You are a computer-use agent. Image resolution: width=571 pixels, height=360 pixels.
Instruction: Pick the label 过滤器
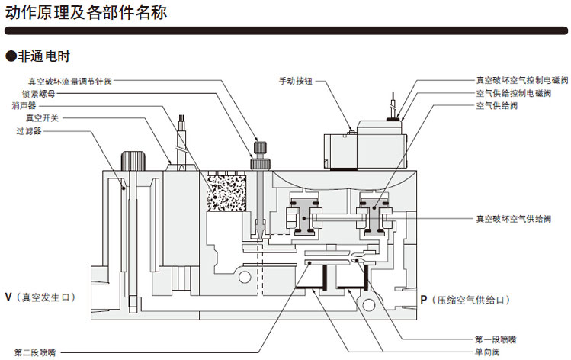click(28, 131)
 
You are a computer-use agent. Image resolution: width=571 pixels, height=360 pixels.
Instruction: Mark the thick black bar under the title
click(285, 31)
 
